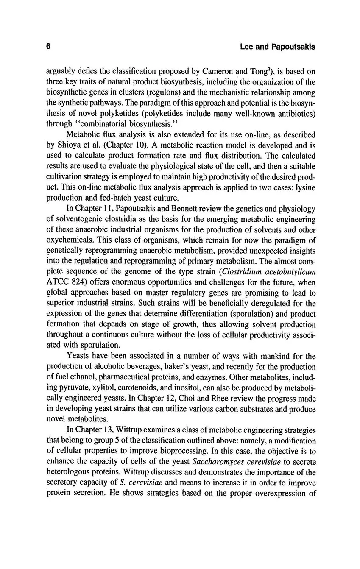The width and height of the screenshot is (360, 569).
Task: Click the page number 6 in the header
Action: tap(48, 47)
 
